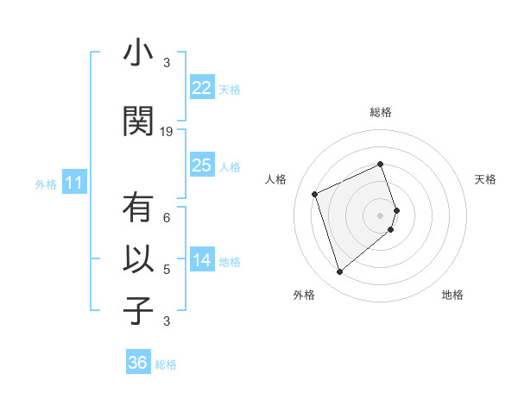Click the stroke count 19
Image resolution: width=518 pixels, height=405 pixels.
167,132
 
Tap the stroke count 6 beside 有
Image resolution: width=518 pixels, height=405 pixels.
167,219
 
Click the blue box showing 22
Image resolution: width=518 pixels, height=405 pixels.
201,87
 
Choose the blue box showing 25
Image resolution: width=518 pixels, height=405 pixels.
201,165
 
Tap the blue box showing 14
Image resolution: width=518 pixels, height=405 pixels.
201,260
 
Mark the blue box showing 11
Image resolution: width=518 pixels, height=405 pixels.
73,183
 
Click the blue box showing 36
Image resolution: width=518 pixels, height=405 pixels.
138,363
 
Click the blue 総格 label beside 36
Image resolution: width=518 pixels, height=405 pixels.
166,364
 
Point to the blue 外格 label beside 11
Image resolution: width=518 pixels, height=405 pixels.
46,184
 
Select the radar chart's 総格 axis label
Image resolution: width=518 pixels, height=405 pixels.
381,113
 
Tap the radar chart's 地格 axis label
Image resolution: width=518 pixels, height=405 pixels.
452,295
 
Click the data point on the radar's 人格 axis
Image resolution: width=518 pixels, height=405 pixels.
315,193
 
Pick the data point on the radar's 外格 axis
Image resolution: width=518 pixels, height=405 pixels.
339,272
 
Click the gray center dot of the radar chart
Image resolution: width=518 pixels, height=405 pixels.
381,215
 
